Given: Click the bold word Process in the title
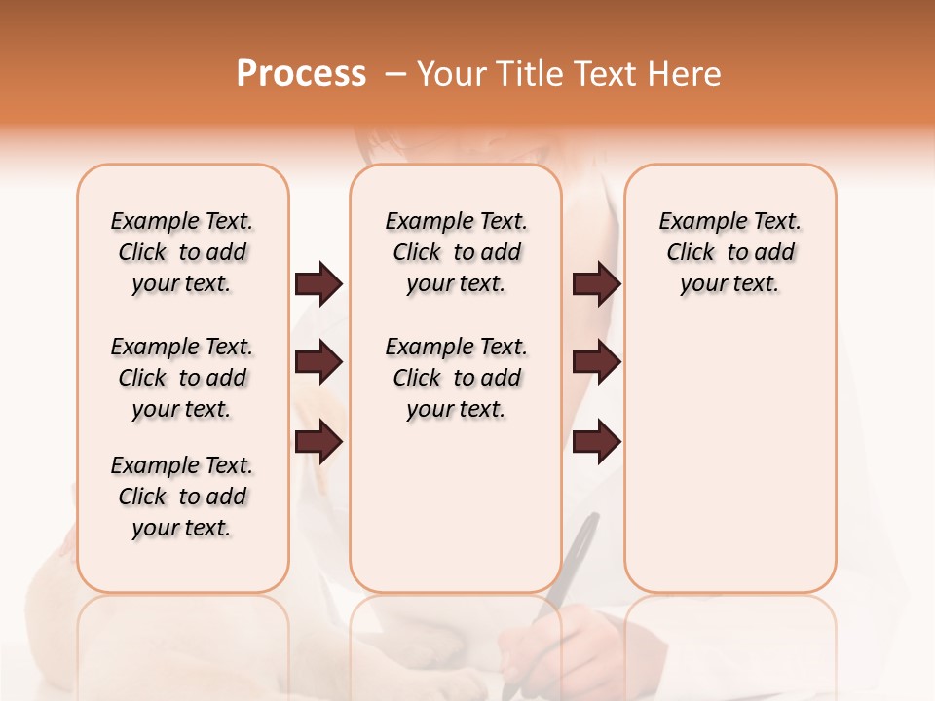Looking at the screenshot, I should (x=301, y=74).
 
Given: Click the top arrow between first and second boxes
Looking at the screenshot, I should (x=318, y=284).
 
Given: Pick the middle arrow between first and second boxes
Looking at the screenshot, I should (x=318, y=363).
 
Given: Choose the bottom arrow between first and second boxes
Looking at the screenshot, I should (x=318, y=442).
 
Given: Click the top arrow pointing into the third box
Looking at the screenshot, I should (x=596, y=284).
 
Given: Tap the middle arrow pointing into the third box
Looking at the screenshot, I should (x=596, y=363).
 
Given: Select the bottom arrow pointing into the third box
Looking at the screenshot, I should (x=596, y=442).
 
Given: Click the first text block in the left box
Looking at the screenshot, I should (x=182, y=252).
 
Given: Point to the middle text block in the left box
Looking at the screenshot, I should (x=182, y=378).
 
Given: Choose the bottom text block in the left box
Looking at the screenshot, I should (x=182, y=497).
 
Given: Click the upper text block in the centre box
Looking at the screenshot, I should (x=456, y=252).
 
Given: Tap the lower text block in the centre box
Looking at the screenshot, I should (x=456, y=378).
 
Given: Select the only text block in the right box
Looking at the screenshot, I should (x=729, y=252).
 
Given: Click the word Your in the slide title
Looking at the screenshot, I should (x=451, y=74).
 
